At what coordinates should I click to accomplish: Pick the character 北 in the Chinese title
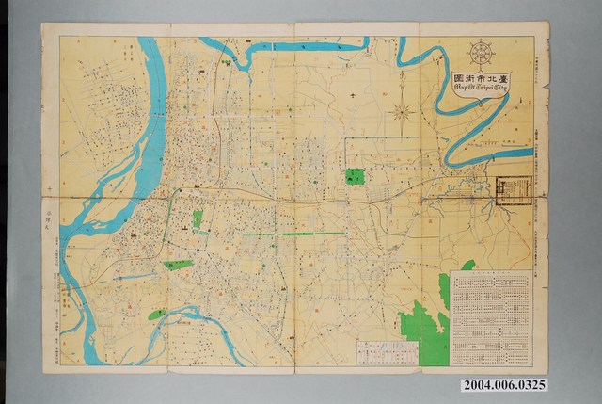(499, 75)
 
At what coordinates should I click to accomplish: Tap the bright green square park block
(355, 176)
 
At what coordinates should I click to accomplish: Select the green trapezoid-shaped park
(176, 265)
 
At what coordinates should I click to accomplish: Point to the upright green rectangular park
(198, 220)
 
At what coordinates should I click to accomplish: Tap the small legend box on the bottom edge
(386, 352)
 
